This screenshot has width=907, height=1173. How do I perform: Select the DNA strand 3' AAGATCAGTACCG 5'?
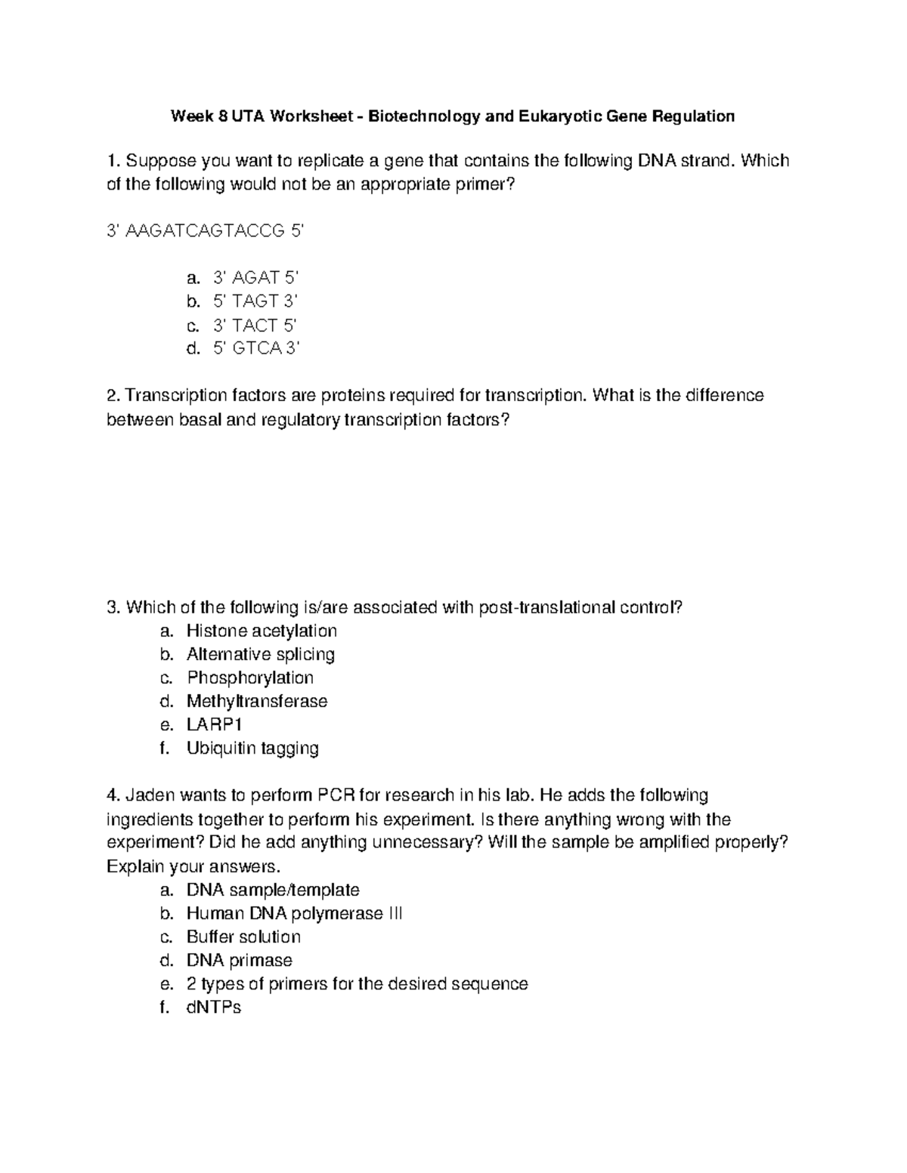pos(205,231)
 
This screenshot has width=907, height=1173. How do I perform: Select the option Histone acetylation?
pos(262,631)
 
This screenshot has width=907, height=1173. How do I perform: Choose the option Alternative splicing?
pos(261,654)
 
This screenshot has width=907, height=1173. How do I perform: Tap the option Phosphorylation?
pos(250,678)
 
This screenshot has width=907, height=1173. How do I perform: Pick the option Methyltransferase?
pos(257,701)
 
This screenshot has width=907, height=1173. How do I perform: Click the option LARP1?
pos(215,724)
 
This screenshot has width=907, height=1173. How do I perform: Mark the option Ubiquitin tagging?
pos(252,748)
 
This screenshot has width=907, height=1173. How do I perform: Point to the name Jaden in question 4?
pos(148,795)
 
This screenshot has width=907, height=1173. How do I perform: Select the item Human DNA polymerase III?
pos(294,913)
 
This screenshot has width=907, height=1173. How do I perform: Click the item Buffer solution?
pos(243,937)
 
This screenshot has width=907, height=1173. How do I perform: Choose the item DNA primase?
pos(239,960)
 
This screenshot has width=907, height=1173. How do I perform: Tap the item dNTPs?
pos(213,1007)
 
